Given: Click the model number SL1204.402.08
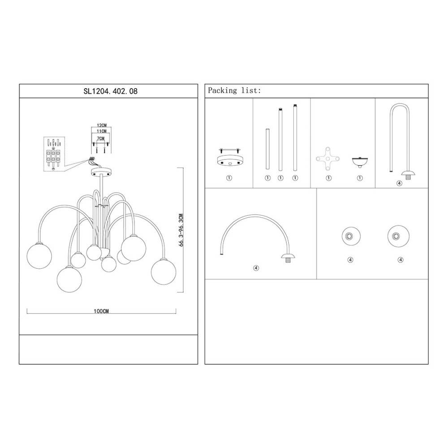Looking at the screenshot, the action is pos(110,91).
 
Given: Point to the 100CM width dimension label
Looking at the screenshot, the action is pos(101,311).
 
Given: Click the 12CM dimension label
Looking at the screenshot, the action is pos(101,125).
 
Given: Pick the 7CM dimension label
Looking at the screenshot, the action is pos(100,138).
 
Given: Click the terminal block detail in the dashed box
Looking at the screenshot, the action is pos(54,154).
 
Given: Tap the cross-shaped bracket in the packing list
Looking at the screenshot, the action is pos(328,159).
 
